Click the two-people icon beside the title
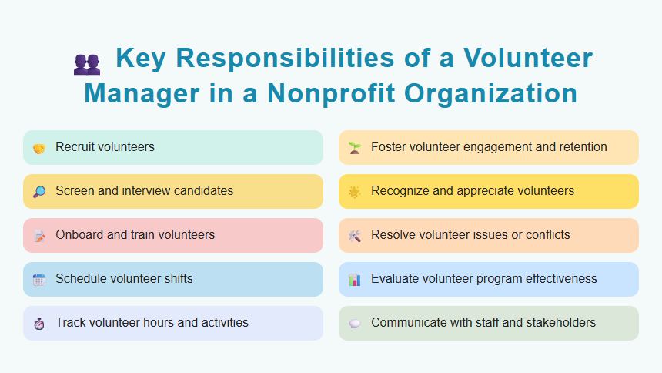[x=86, y=63]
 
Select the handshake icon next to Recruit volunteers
[x=38, y=148]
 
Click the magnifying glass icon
[x=38, y=192]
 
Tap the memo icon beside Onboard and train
[x=38, y=236]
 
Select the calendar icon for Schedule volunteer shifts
[x=38, y=280]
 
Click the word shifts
[x=176, y=278]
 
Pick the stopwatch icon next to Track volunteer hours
[x=38, y=324]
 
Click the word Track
[x=70, y=322]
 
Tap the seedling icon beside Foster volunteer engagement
[x=354, y=147]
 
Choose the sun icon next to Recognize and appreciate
[x=354, y=192]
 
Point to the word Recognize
[x=403, y=190]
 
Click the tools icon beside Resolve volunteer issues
[x=354, y=236]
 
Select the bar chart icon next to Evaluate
[x=354, y=280]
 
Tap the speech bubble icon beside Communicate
[x=354, y=324]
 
